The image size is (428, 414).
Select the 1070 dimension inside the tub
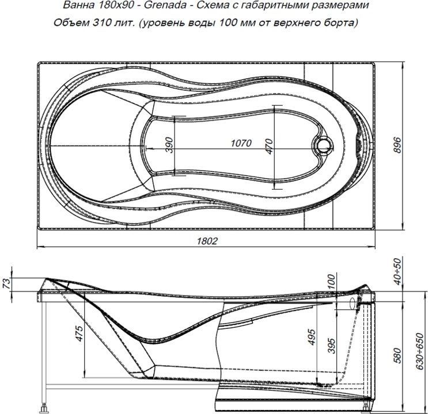pos(241,144)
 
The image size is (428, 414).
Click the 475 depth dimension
pos(78,335)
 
